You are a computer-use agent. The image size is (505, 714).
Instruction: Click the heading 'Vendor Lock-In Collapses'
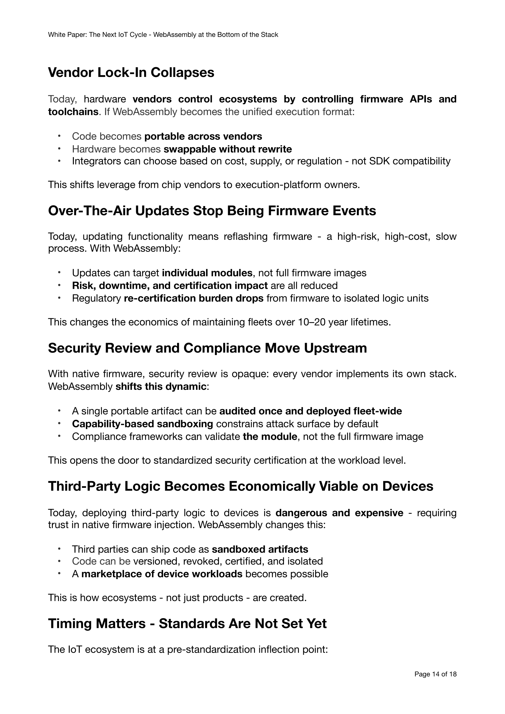click(x=131, y=72)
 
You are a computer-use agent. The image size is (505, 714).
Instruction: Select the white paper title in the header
click(x=163, y=35)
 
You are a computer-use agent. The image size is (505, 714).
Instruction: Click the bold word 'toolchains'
click(x=73, y=112)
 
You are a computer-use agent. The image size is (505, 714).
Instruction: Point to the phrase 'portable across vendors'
click(x=203, y=136)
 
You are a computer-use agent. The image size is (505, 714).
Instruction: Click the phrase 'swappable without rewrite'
click(x=228, y=149)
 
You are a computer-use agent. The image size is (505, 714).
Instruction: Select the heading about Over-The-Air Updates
click(x=212, y=211)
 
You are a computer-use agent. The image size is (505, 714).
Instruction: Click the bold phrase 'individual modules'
click(x=207, y=273)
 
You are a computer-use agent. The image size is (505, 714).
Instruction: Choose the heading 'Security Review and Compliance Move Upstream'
click(x=207, y=348)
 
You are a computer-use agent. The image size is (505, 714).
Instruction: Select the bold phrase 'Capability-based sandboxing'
click(x=142, y=424)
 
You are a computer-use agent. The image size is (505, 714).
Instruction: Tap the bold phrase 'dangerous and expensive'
click(x=339, y=513)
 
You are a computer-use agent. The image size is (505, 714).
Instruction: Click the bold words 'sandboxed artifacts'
click(x=260, y=549)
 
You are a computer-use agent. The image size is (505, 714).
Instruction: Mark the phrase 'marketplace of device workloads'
click(x=162, y=574)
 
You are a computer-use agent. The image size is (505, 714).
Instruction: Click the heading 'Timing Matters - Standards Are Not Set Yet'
click(x=187, y=624)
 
